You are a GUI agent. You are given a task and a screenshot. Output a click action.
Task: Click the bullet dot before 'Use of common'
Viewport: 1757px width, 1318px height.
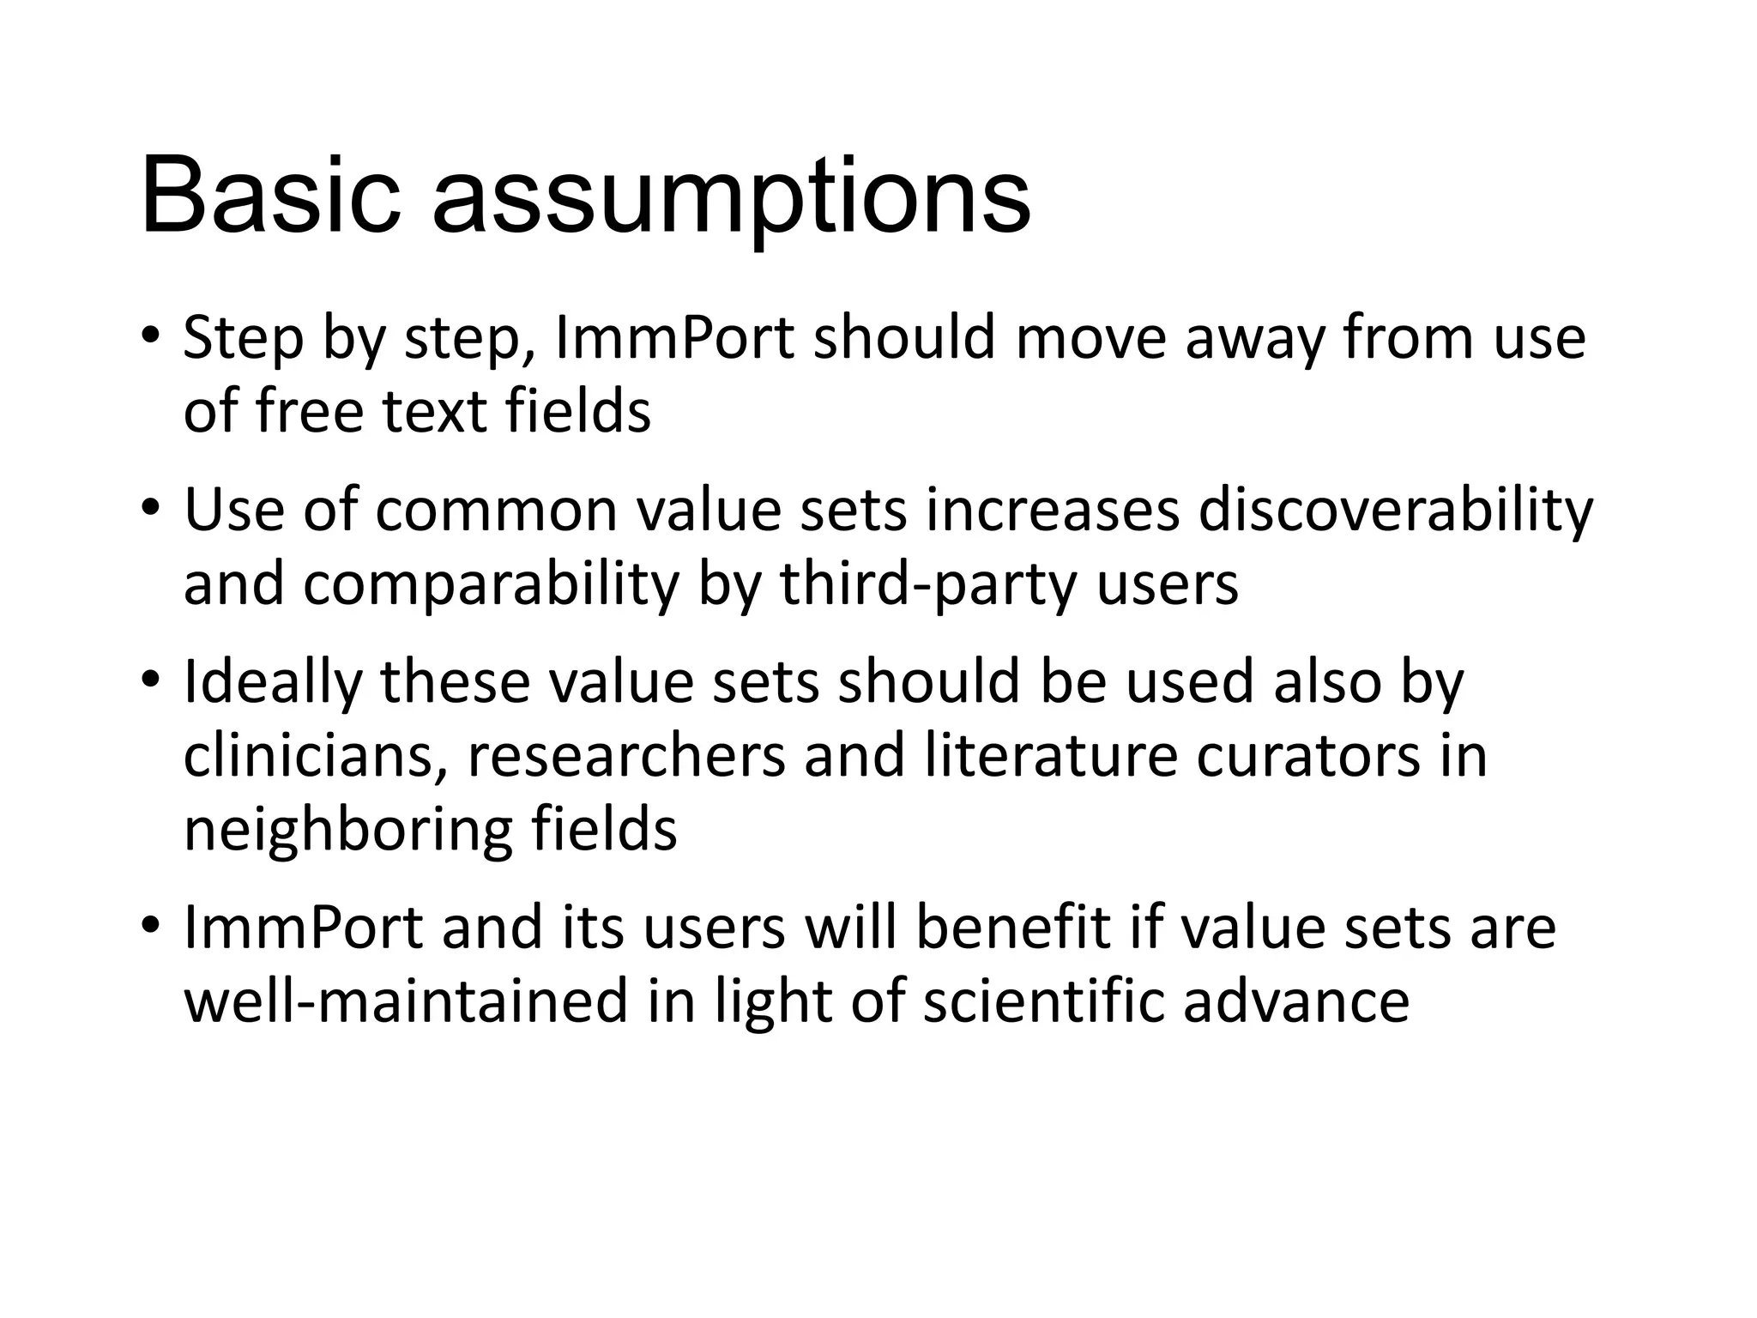[151, 507]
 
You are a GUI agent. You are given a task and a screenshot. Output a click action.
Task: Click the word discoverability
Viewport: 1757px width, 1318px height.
[1395, 511]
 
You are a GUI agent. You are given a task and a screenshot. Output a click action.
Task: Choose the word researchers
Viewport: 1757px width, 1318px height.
[626, 757]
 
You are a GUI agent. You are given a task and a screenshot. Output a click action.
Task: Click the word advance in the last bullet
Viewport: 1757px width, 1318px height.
[1296, 1002]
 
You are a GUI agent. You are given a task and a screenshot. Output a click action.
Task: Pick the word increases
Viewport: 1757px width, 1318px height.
[1052, 511]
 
